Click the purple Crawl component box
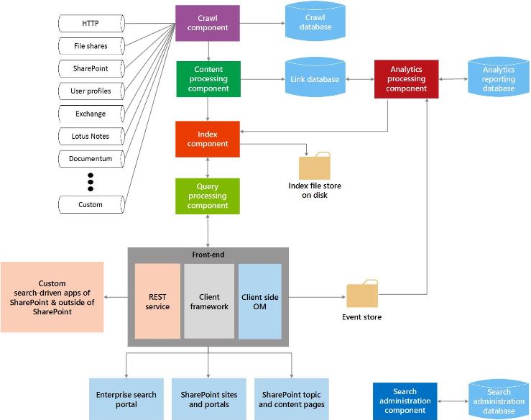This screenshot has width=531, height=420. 208,23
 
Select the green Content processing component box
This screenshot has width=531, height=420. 208,79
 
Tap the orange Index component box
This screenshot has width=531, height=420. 208,139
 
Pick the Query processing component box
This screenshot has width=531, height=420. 208,196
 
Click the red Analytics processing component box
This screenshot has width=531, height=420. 406,79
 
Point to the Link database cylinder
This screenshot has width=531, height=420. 315,79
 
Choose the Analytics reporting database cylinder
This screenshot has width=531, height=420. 498,79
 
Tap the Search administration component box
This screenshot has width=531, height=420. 404,401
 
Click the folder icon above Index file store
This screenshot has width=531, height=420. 315,166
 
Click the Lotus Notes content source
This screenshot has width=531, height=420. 91,136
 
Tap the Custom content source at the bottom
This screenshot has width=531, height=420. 91,204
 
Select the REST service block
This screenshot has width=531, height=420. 157,301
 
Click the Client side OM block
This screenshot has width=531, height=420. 260,301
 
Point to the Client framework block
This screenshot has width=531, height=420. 208,301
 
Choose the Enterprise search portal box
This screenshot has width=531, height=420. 126,399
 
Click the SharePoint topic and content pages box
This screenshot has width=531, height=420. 293,399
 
